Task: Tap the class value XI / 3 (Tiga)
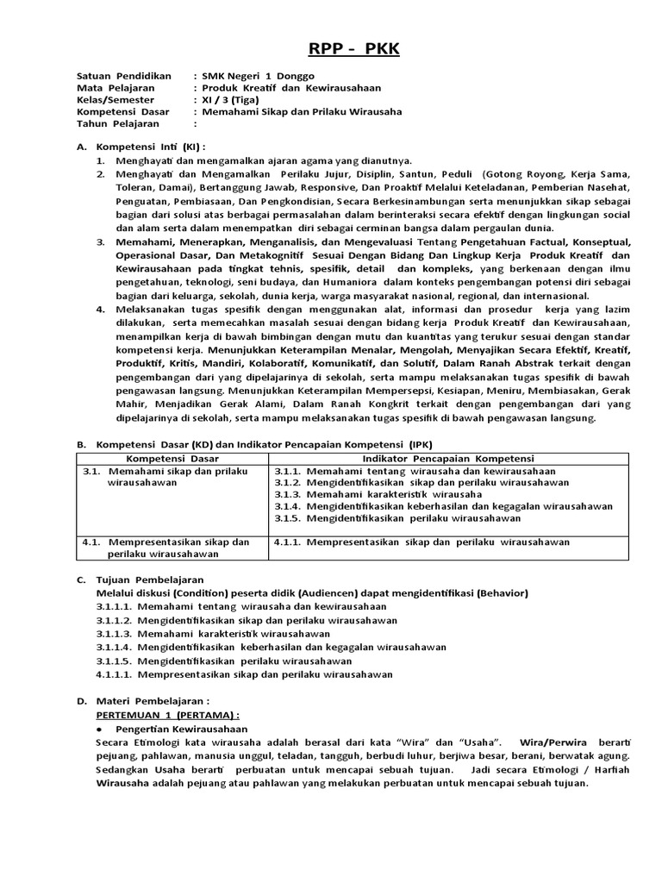click(233, 99)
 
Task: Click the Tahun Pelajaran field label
click(117, 123)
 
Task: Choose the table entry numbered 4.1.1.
click(422, 542)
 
